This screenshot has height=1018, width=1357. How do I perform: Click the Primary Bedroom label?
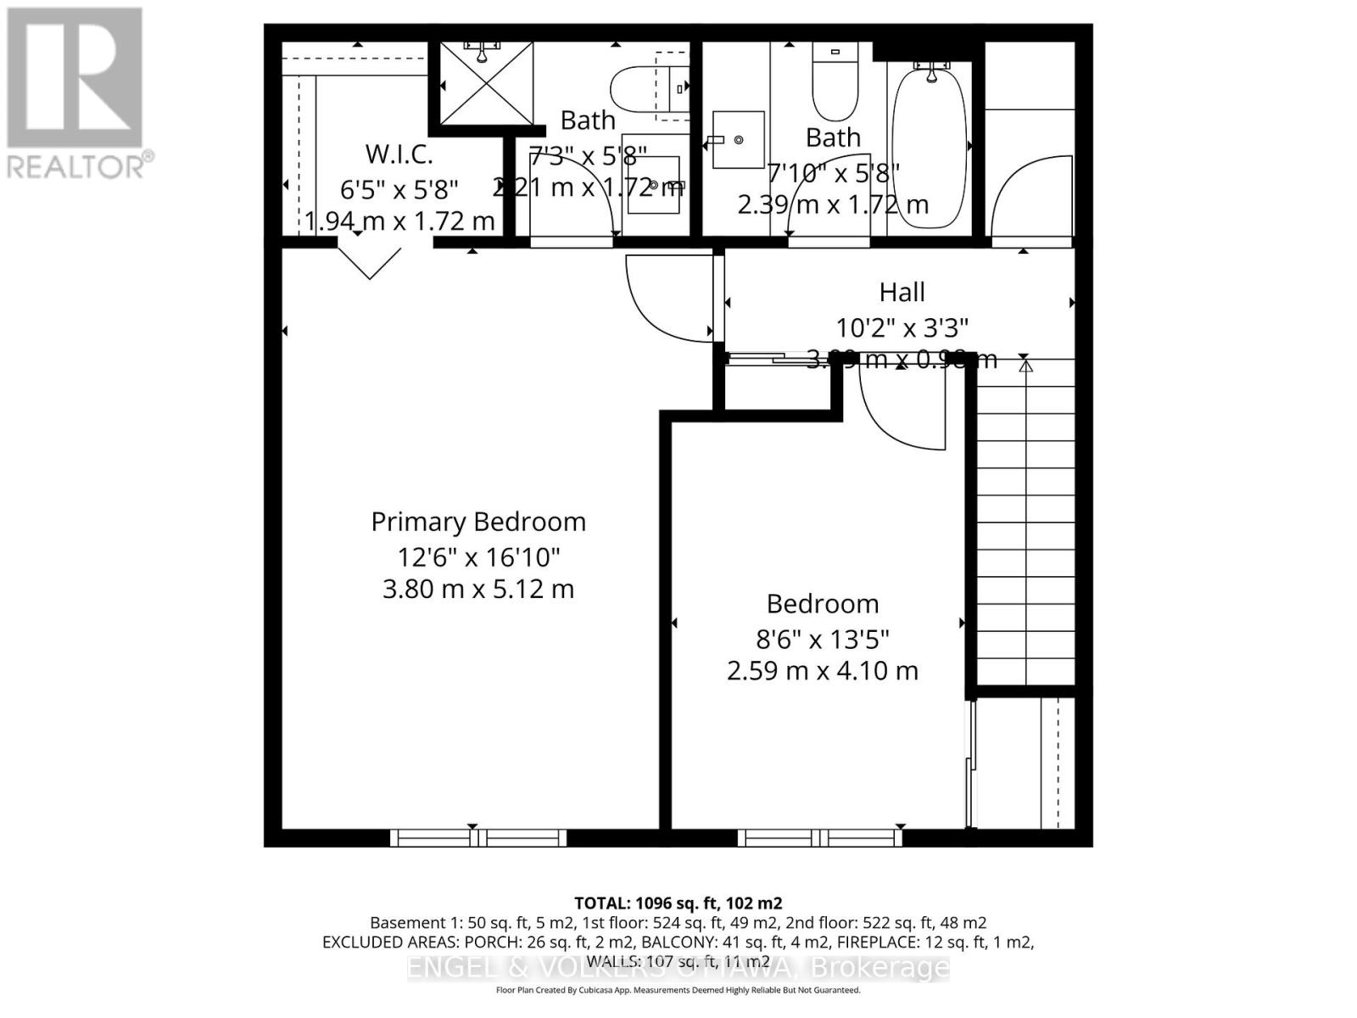pos(478,522)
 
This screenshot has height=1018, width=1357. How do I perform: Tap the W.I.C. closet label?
pos(399,154)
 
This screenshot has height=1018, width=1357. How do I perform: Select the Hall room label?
pos(902,293)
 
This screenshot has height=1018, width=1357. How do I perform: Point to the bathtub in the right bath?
pos(929,148)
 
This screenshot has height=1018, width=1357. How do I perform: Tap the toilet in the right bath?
pos(835,85)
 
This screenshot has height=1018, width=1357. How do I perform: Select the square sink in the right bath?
pos(738,139)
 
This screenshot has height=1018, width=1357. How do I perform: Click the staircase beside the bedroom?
pos(1026,522)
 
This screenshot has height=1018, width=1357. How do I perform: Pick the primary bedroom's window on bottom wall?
pos(478,838)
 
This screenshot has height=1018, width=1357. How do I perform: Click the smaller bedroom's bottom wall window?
pos(819,838)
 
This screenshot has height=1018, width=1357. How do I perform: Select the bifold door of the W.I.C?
pos(371,261)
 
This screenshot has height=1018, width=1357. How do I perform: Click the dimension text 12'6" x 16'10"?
pos(478,557)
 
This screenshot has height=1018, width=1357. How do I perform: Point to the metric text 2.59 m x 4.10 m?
pos(822,671)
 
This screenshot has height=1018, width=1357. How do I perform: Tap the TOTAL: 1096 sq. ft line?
pos(678,903)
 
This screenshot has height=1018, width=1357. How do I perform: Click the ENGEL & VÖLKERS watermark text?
pos(678,967)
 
